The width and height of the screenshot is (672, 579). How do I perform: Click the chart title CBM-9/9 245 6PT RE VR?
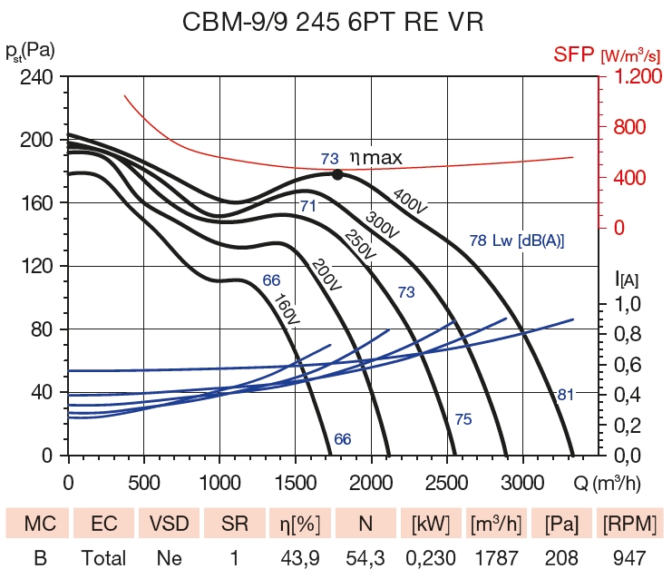(336, 22)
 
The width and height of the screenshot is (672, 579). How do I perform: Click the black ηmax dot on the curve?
(337, 174)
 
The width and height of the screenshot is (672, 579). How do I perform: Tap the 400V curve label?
(409, 202)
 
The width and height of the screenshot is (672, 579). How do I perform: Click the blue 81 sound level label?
(566, 395)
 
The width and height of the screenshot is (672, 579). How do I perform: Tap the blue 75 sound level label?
(463, 419)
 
